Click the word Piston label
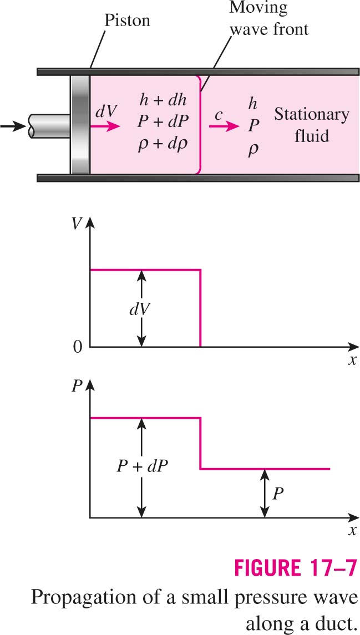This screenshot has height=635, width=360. point(128,21)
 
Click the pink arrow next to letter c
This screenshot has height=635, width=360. point(224,126)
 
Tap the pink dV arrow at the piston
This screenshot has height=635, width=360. point(105,126)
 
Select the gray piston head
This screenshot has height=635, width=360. point(80,125)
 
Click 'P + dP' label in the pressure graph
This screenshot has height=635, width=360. point(142,468)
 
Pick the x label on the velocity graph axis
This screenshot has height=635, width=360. point(352,360)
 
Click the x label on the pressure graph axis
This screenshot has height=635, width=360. point(352,530)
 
